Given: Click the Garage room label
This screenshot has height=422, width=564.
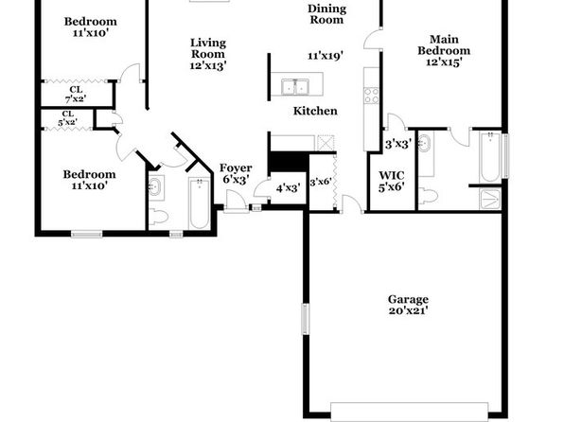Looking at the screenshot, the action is coord(408,299).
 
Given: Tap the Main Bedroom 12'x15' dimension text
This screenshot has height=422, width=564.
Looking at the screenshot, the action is coord(444,62).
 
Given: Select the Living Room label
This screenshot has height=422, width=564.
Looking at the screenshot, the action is coord(208,48).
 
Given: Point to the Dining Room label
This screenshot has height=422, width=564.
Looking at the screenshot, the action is coord(327,14).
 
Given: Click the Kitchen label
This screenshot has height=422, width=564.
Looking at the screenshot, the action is coord(315,111).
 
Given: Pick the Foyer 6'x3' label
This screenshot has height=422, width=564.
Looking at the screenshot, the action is coord(236,173).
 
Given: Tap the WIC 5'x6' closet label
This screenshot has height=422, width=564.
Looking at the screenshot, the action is coord(392,182).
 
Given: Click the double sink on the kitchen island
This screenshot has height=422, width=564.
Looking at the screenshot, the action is coord(294,86).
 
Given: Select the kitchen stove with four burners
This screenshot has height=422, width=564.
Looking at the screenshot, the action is coord(372,96).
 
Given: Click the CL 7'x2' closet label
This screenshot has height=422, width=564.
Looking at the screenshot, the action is coord(76,94).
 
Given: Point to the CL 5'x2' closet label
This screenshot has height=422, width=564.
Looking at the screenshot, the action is coord(67,118).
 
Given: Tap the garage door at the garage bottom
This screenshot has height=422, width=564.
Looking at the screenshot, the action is coord(410,412).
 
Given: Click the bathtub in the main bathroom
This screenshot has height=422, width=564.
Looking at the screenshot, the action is coord(489,157).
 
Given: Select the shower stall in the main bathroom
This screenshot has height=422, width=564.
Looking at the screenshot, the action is coord(490,199).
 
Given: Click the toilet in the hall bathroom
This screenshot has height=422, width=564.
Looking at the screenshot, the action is coord(158,217).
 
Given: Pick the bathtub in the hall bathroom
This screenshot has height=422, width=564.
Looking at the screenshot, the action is coord(200,203).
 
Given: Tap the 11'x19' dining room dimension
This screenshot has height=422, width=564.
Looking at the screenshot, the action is coord(326,56).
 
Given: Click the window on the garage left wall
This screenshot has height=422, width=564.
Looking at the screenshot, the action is coord(305,319).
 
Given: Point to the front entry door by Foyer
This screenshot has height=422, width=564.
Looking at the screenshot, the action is coord(236,202).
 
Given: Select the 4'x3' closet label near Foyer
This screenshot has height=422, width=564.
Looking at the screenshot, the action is coord(288,188).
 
